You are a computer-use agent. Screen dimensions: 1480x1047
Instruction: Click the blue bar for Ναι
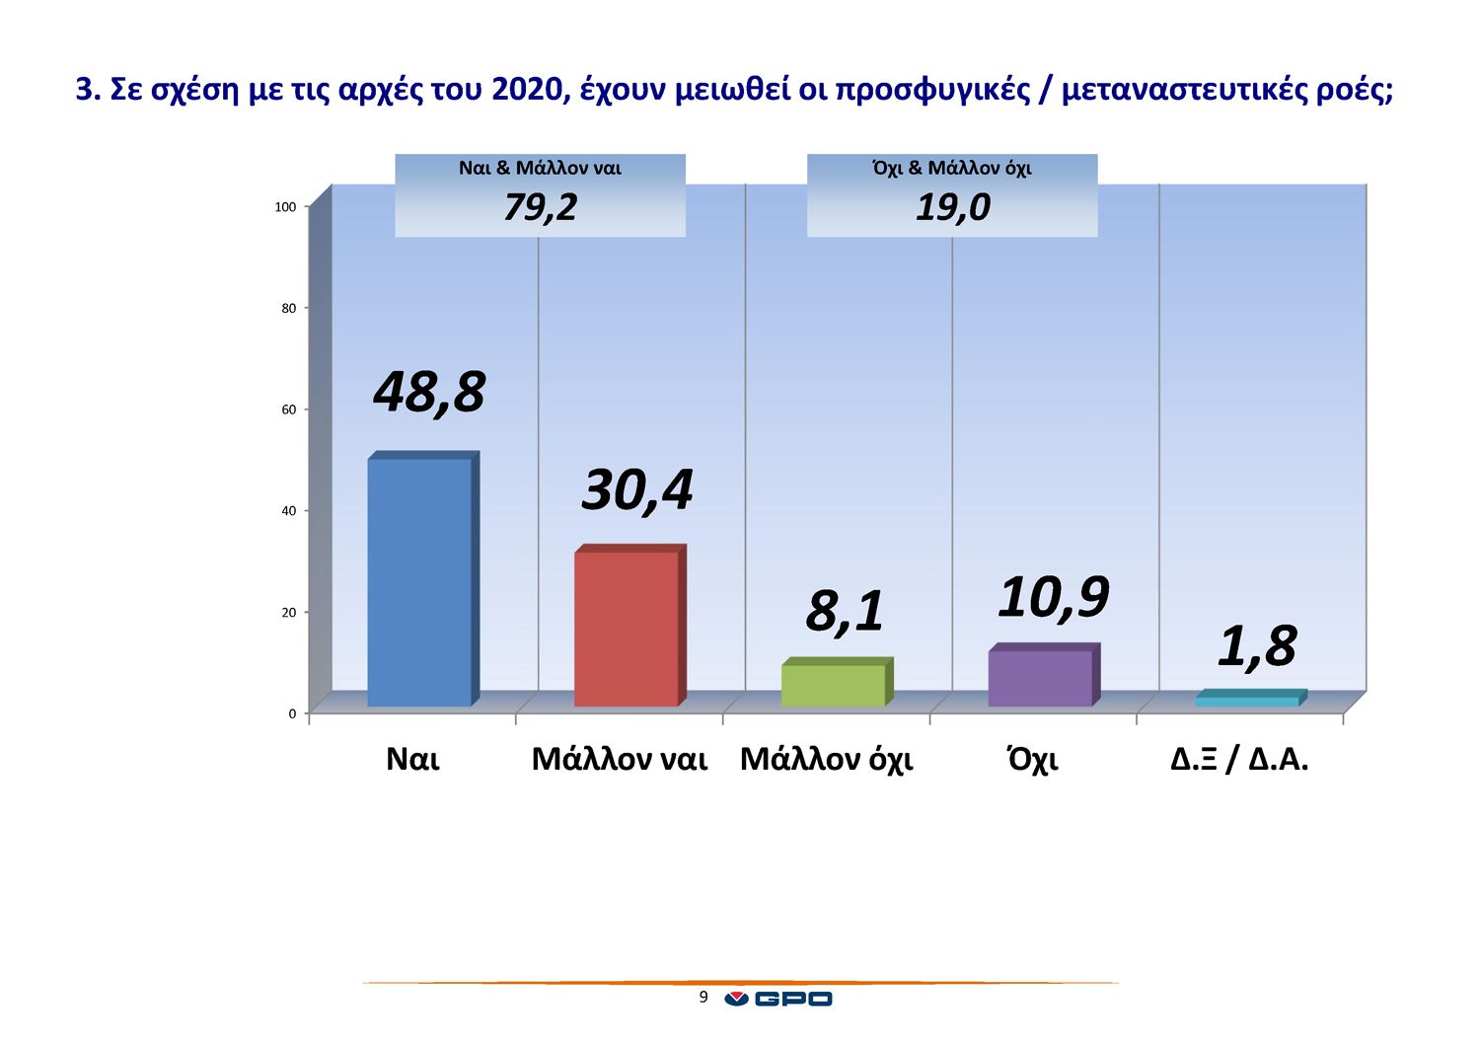tap(423, 579)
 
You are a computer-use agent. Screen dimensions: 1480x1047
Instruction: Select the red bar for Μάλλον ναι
tap(630, 626)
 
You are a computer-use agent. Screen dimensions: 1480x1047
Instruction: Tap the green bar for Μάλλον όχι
tap(837, 682)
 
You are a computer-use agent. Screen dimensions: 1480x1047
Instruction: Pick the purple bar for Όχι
tap(1044, 674)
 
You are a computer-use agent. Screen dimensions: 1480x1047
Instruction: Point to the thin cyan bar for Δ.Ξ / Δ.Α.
tap(1251, 698)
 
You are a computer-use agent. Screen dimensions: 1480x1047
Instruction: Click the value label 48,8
tap(429, 393)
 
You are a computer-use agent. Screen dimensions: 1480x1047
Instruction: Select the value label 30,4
tap(637, 491)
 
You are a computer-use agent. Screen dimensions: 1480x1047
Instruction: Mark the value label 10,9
tap(1053, 598)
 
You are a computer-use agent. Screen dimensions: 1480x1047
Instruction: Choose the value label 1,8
tap(1257, 646)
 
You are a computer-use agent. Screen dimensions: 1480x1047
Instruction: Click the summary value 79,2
tap(541, 207)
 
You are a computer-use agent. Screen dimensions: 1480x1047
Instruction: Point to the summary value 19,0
tap(953, 207)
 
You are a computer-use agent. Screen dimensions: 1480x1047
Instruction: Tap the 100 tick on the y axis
tap(285, 207)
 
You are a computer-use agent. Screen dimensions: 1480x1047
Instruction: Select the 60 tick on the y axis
tap(289, 410)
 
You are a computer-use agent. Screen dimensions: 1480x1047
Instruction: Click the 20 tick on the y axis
tap(289, 613)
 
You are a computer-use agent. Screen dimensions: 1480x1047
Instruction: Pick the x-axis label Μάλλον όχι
tap(827, 759)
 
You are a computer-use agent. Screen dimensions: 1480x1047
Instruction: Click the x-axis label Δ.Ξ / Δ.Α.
tap(1239, 759)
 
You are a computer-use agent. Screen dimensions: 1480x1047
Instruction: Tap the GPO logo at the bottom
tap(778, 999)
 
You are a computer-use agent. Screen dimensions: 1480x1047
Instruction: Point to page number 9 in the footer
tap(703, 997)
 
